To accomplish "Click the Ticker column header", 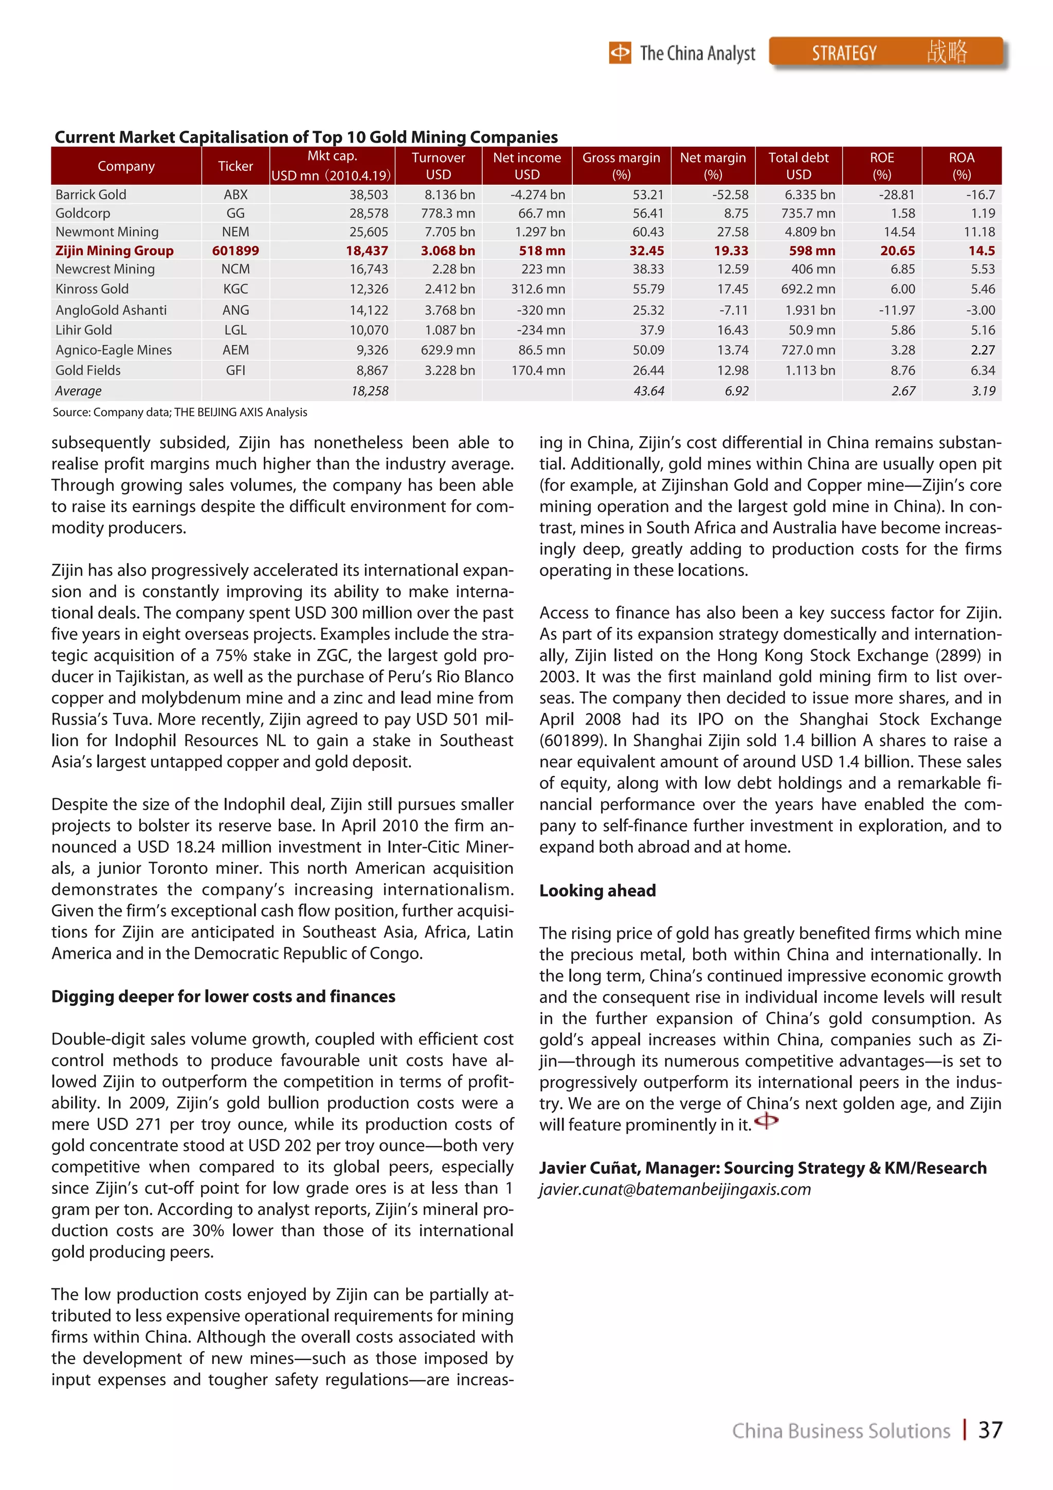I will (235, 166).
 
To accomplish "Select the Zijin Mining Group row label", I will (114, 250).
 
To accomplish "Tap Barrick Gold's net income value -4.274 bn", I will (537, 195).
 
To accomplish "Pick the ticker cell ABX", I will (235, 195).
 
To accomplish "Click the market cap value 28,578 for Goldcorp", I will (369, 213).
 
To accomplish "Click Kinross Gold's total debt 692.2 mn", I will (808, 289).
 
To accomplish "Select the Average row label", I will (79, 391).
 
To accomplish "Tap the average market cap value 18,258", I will (370, 391).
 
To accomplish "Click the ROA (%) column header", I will (961, 166).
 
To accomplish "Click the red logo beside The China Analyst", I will (620, 52).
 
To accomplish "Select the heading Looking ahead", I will (597, 890).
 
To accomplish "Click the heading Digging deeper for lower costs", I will (223, 996).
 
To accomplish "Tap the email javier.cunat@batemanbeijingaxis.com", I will (675, 1190).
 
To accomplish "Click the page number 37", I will (990, 1430).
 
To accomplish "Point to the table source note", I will (180, 412).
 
